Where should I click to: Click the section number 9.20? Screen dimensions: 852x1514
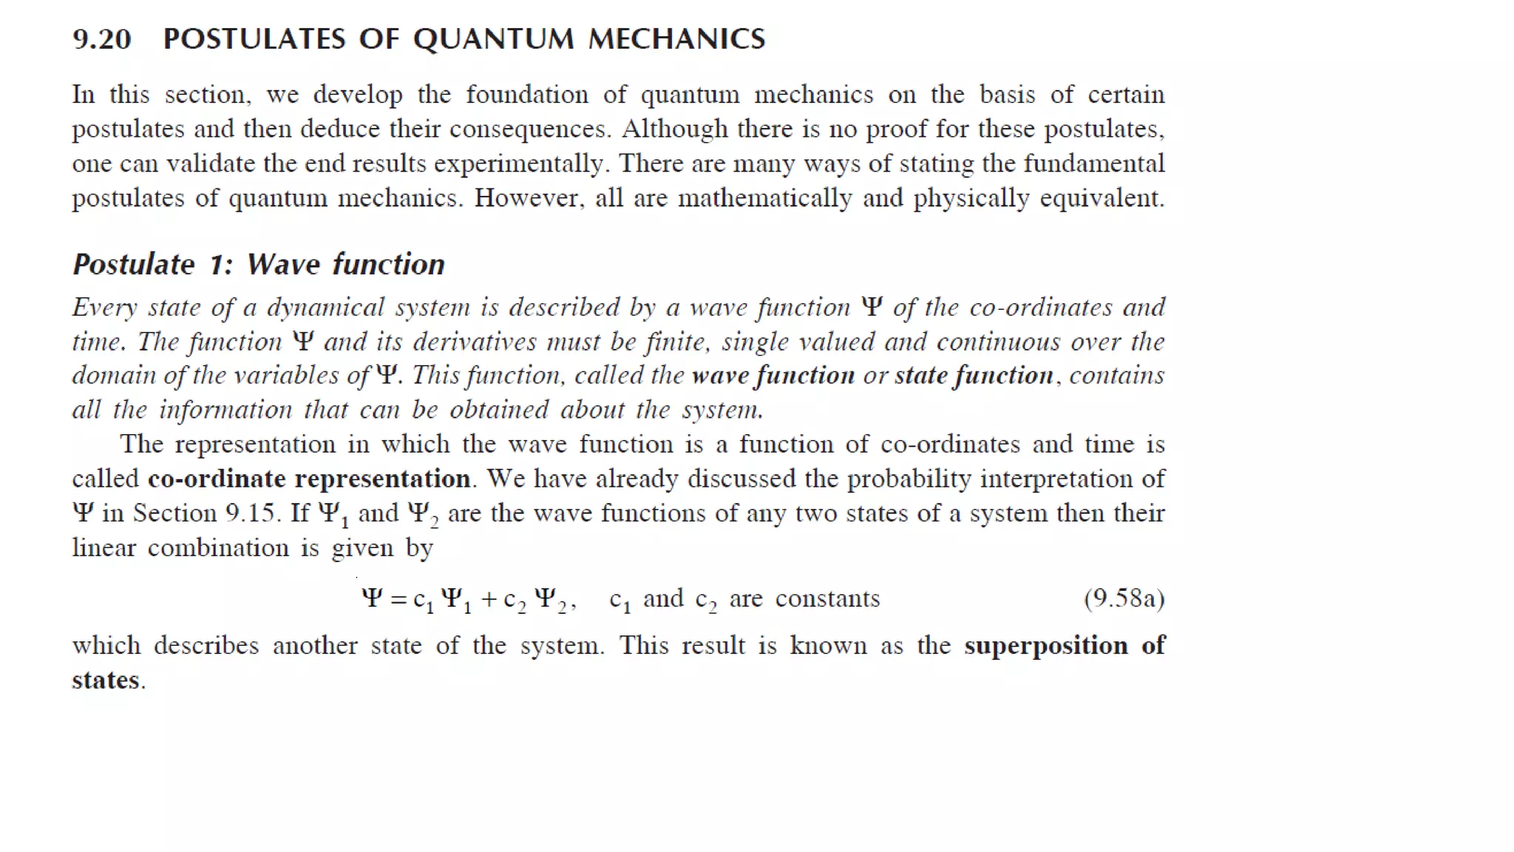point(102,39)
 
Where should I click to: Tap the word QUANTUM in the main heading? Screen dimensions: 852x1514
point(493,39)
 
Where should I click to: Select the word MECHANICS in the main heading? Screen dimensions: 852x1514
point(676,39)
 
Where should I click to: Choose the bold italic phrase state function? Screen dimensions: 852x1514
point(974,376)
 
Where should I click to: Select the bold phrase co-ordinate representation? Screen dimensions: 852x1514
point(309,479)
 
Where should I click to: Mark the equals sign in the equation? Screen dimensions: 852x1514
point(398,599)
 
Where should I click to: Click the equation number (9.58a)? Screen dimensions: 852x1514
point(1124,598)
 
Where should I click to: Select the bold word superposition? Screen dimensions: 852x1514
point(1045,646)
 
